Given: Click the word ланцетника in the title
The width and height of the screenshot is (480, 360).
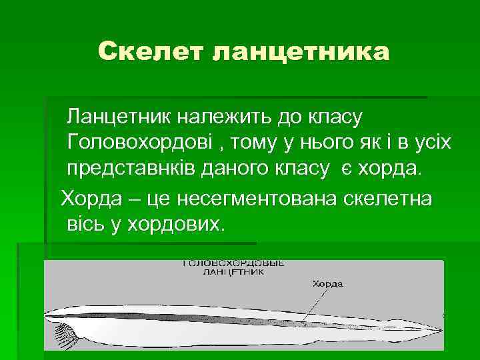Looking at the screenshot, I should click(300, 51).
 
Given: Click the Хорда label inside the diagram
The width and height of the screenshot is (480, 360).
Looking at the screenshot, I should click(327, 283).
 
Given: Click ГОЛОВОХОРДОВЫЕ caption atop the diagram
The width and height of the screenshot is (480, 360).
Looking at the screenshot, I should click(233, 263).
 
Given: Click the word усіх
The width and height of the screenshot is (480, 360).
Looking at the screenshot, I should click(427, 143).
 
